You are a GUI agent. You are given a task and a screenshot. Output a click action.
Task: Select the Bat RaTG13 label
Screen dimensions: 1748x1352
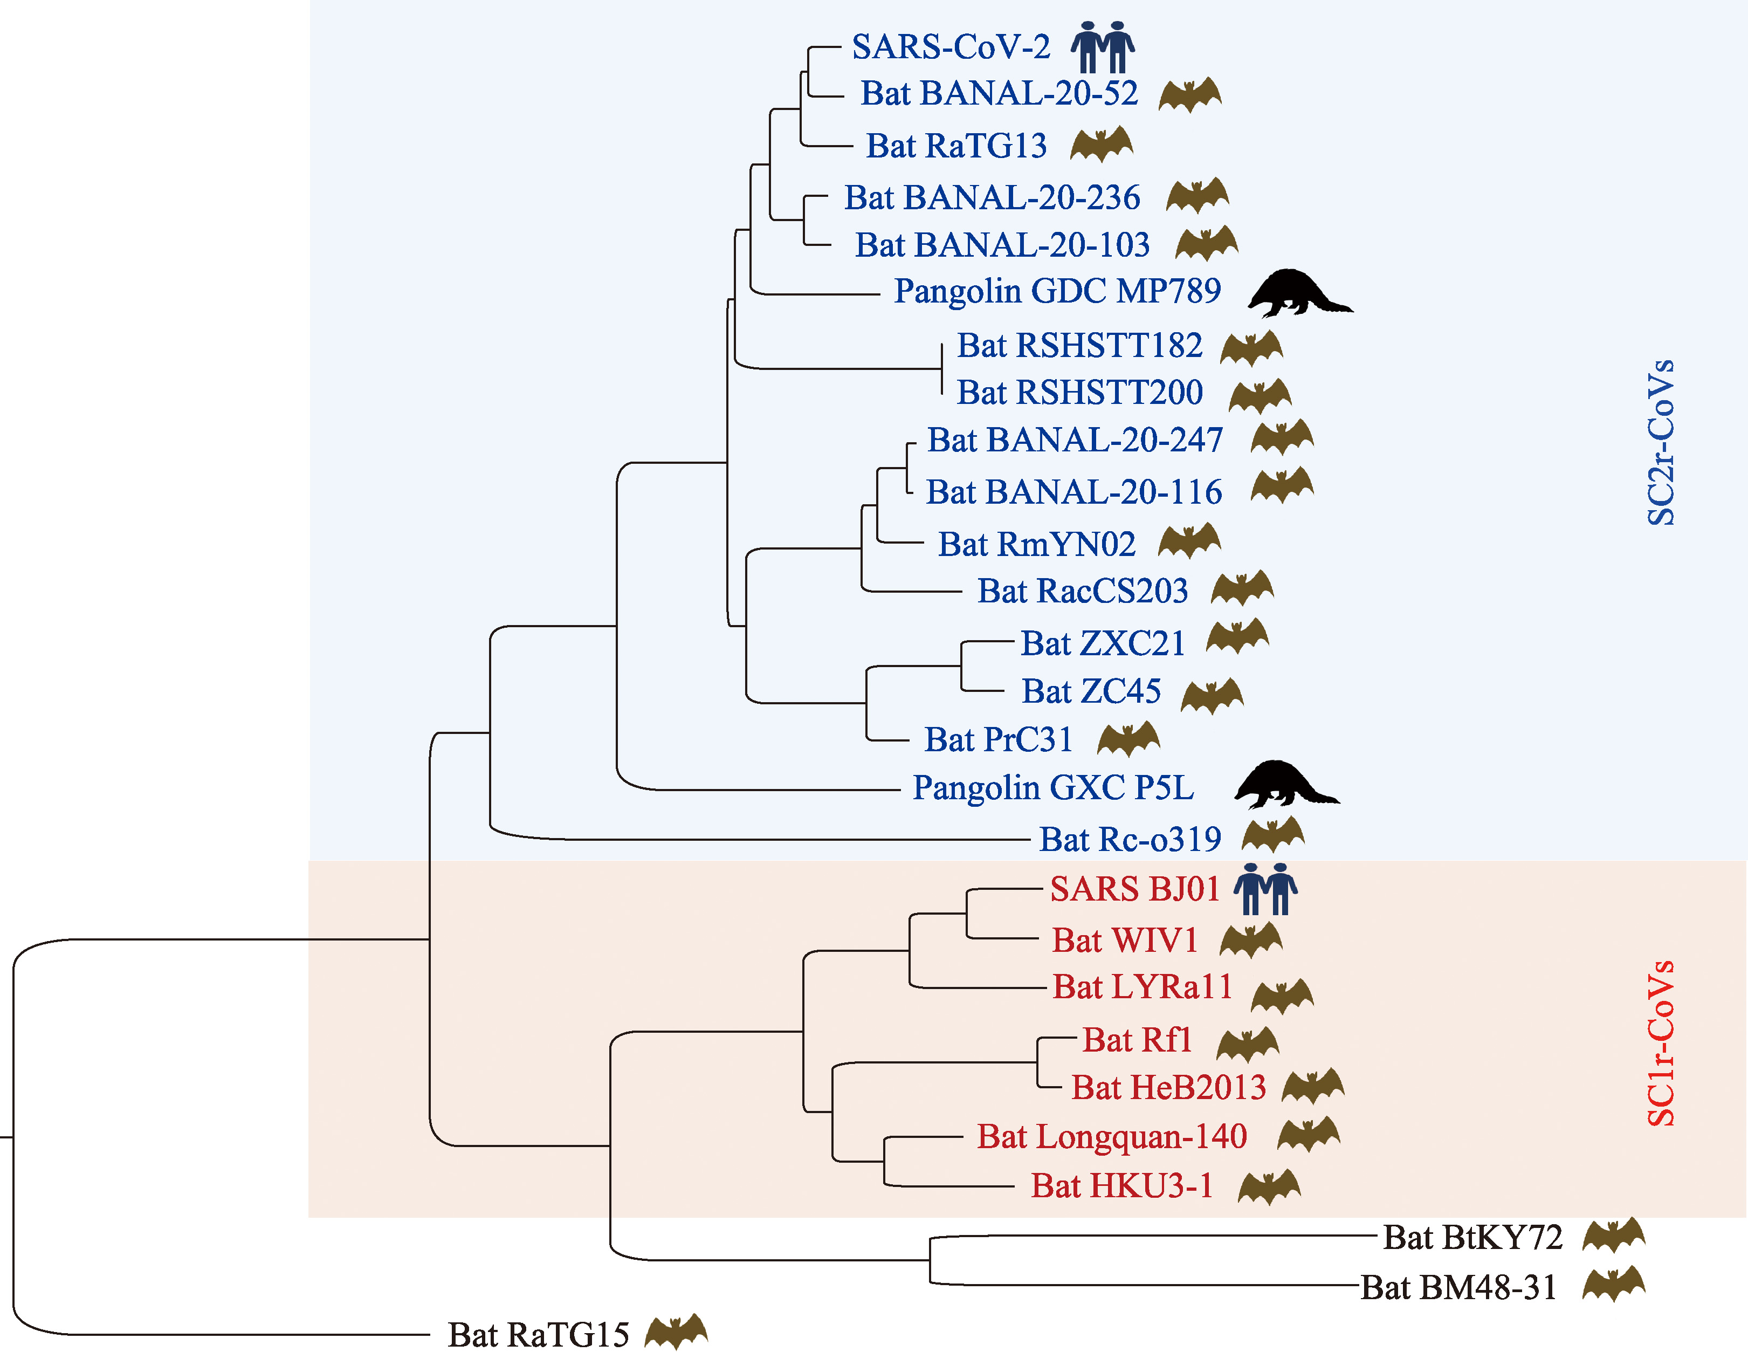point(956,146)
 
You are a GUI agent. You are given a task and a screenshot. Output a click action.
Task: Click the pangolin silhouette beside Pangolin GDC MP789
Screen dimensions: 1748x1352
point(1300,293)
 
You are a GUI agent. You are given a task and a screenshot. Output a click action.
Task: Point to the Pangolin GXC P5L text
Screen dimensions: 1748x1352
point(1054,788)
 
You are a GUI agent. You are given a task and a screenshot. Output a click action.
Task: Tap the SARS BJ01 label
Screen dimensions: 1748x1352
point(1135,889)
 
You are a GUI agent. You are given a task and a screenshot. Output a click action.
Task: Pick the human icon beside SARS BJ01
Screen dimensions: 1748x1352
point(1265,889)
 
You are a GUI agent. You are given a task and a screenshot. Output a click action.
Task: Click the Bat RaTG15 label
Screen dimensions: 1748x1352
point(539,1334)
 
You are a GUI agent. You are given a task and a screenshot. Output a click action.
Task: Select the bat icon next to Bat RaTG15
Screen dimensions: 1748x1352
point(676,1331)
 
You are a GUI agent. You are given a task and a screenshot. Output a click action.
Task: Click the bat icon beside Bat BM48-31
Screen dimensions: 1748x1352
point(1614,1284)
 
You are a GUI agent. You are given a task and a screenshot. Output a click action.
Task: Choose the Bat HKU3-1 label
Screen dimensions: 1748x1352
point(1121,1185)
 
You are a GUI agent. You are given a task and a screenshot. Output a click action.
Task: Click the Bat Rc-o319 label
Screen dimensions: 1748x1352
point(1130,840)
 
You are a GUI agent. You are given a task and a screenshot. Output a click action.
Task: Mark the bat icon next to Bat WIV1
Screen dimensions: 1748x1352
point(1251,940)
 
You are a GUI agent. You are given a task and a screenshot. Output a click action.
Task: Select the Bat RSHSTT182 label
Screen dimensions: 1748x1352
point(1079,346)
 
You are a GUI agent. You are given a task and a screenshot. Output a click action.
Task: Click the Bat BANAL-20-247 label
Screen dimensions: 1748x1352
point(1075,440)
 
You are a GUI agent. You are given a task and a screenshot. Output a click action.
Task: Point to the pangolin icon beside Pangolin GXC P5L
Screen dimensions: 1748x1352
point(1286,785)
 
